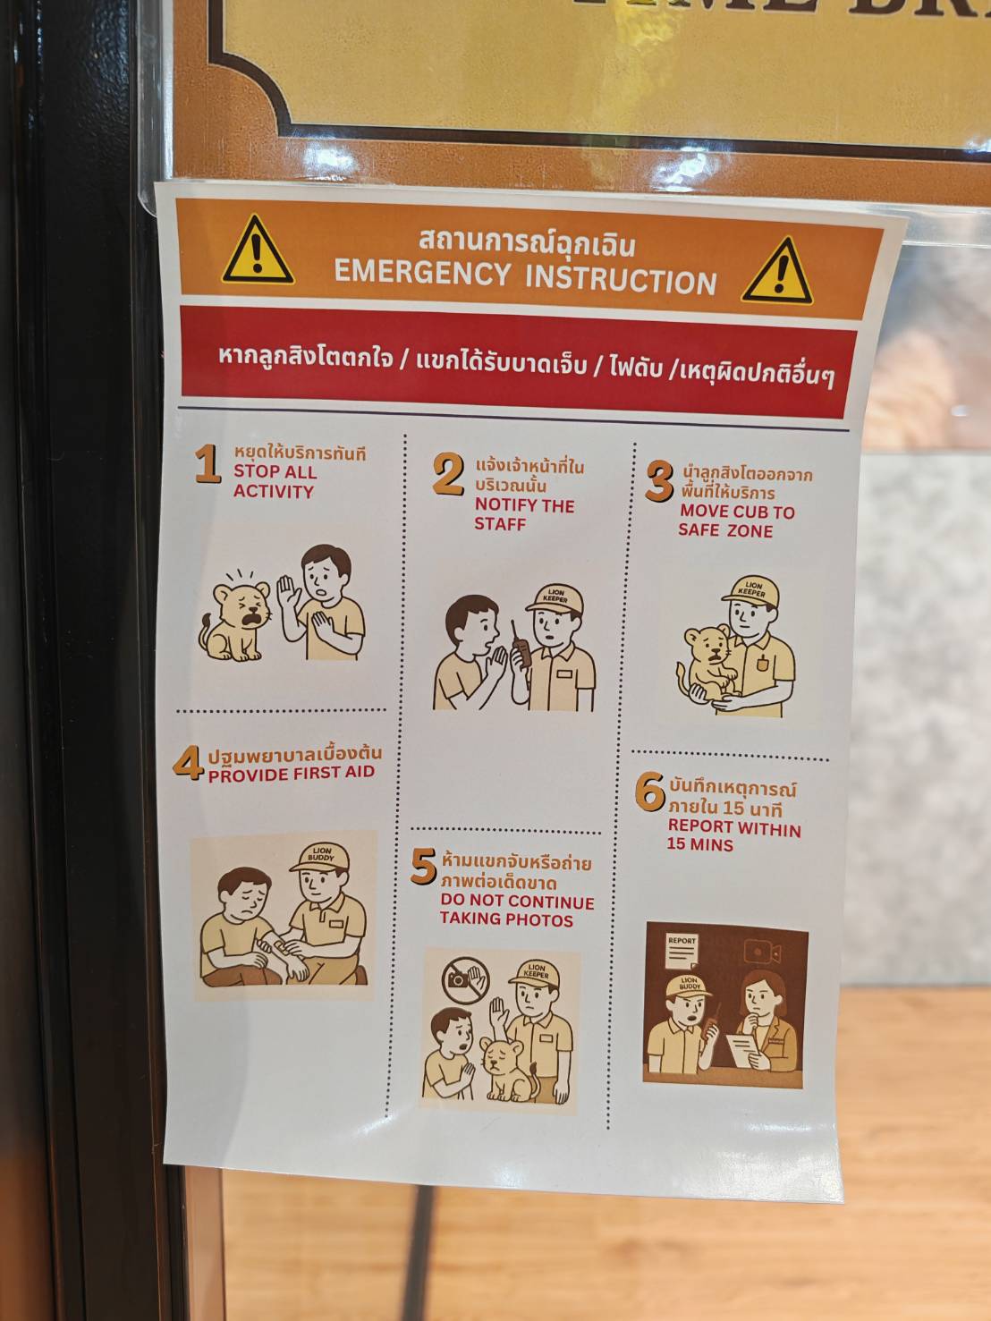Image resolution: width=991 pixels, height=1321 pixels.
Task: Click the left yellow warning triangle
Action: pos(258,251)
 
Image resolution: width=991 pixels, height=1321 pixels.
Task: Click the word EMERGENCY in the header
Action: pos(422,273)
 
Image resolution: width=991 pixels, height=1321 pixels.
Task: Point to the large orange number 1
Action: pos(208,463)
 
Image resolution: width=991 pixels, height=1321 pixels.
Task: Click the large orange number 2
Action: pos(449,474)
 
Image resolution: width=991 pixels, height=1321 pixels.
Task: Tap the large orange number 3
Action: pos(659,481)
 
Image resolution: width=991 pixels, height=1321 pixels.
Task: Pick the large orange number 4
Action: pos(188,763)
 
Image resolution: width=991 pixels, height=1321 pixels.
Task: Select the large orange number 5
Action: pos(424,867)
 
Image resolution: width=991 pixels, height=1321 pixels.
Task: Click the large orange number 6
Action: pos(650,792)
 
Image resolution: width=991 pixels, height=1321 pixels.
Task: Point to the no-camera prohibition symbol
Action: pos(464,980)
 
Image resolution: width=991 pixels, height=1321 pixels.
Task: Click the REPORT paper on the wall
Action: pos(682,951)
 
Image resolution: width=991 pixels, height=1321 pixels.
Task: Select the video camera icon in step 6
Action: pos(762,952)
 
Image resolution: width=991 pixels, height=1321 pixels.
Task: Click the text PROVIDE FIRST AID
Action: pos(292,774)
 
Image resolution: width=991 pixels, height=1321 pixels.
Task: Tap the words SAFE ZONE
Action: pos(725,530)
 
